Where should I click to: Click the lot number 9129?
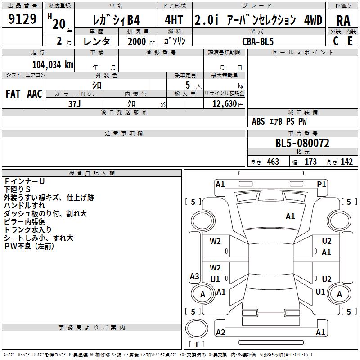(22, 19)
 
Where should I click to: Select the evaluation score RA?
(343, 21)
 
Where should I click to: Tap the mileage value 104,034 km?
(53, 65)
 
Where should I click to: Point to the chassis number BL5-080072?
(302, 143)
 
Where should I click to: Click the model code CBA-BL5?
(258, 41)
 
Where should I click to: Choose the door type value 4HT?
(174, 20)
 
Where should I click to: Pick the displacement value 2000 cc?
(141, 41)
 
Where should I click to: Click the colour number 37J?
(75, 104)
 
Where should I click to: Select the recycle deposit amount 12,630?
(225, 104)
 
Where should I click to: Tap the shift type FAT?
(13, 94)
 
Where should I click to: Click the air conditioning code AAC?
(35, 94)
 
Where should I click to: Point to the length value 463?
(273, 162)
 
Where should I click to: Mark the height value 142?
(346, 162)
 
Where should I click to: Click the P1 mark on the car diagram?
(321, 184)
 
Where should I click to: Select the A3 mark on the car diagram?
(194, 276)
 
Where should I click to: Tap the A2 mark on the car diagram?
(220, 332)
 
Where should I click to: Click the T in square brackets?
(197, 344)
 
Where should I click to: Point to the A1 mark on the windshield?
(290, 216)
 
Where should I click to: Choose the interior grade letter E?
(350, 41)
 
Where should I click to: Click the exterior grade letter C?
(336, 41)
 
